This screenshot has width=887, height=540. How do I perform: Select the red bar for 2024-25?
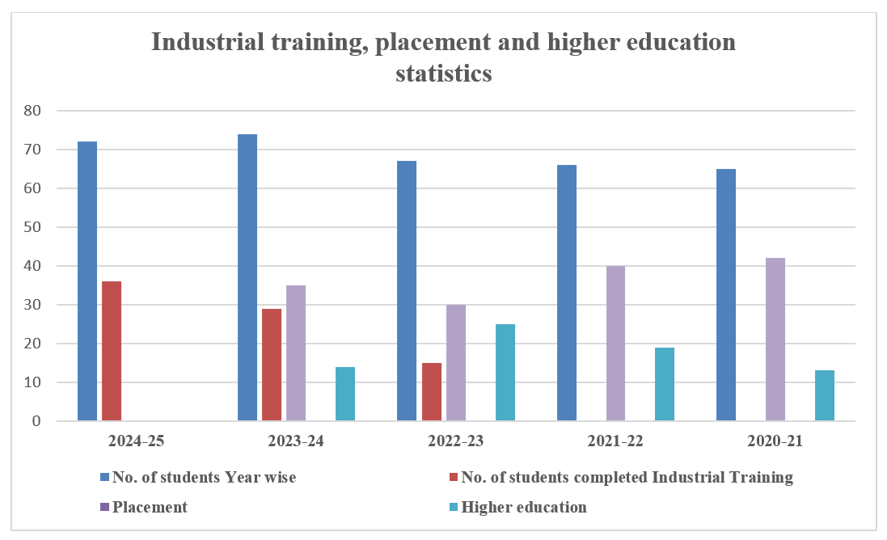click(112, 351)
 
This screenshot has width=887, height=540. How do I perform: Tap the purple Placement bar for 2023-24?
click(296, 353)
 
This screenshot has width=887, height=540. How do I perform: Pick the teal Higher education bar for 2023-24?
click(345, 394)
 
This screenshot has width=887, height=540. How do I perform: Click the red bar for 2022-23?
click(432, 392)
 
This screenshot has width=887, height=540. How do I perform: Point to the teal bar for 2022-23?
click(505, 373)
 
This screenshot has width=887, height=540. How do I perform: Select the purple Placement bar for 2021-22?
click(616, 344)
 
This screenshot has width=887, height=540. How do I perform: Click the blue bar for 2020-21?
click(726, 295)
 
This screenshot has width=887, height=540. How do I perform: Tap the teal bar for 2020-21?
click(825, 395)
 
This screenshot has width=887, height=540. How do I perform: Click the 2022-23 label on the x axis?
click(457, 442)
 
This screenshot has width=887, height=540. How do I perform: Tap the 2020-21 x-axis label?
click(776, 442)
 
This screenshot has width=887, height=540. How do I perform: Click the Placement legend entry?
click(150, 507)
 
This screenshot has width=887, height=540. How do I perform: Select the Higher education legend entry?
click(523, 507)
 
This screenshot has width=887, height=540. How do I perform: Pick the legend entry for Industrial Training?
click(627, 477)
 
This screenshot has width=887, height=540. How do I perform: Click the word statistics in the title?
click(444, 74)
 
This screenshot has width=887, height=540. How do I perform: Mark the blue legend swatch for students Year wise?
click(104, 477)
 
